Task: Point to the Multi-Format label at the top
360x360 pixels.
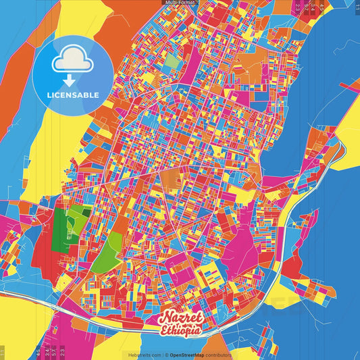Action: (x=180, y=3)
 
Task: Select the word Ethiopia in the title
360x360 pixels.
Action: (x=180, y=331)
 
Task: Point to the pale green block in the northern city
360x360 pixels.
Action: (x=173, y=61)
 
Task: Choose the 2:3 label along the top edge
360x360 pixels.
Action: (x=298, y=8)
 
